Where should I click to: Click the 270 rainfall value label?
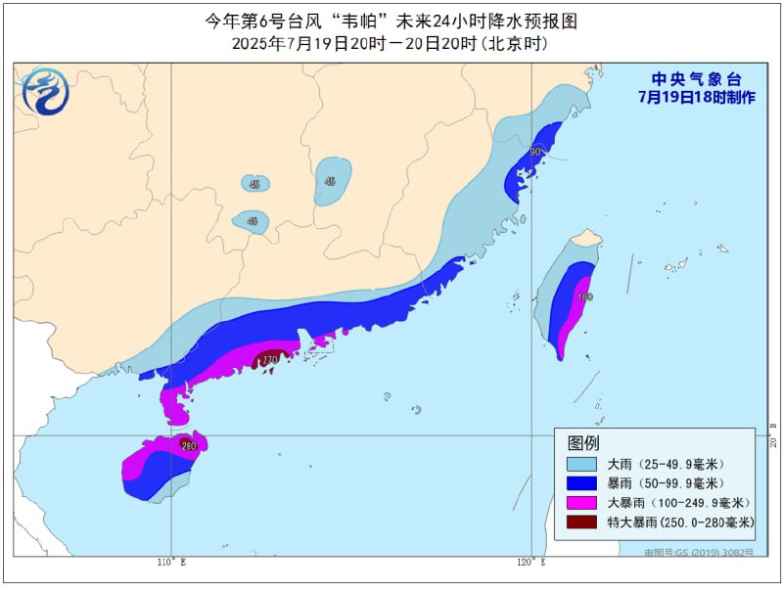[x=269, y=360]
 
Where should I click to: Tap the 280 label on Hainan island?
[x=188, y=446]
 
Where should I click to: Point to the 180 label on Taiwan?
[x=585, y=296]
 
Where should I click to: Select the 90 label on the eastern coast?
[x=535, y=153]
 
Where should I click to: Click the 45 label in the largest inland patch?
[x=331, y=181]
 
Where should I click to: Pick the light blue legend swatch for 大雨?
[x=582, y=464]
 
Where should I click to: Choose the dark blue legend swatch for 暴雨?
[x=582, y=483]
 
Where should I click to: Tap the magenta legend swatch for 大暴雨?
[x=582, y=503]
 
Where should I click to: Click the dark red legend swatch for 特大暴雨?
[x=582, y=523]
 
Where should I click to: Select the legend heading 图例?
[x=583, y=443]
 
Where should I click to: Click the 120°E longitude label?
[x=530, y=563]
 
